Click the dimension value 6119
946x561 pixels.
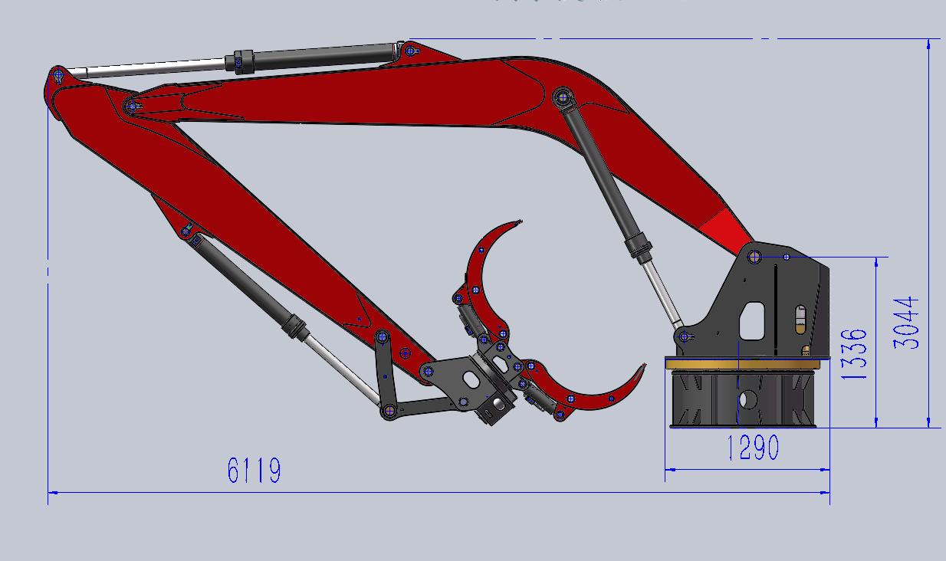[x=254, y=470]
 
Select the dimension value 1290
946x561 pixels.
[x=753, y=448]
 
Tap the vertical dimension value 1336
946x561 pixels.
[x=853, y=354]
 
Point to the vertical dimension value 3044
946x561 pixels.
[x=906, y=323]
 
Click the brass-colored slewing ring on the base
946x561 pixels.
[x=744, y=364]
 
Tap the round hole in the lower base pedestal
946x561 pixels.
[x=748, y=399]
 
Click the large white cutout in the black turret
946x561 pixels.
[x=752, y=320]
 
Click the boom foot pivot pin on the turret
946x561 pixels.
[x=754, y=256]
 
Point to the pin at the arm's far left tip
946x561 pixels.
[x=58, y=76]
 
